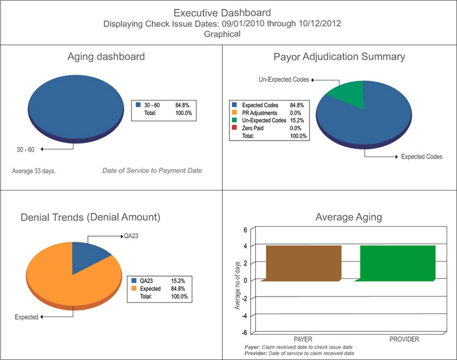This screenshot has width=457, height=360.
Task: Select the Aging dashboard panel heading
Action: click(x=106, y=57)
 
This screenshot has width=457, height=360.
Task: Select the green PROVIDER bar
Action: click(x=398, y=263)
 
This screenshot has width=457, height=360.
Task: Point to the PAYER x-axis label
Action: click(x=303, y=339)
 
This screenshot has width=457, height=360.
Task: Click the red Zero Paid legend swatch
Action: click(x=235, y=129)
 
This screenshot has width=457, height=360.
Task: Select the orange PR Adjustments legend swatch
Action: click(x=235, y=113)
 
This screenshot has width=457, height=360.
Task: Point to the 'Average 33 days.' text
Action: click(x=34, y=171)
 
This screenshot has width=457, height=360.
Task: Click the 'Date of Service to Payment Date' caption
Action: click(x=152, y=171)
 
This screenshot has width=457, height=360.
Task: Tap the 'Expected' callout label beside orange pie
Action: click(x=26, y=317)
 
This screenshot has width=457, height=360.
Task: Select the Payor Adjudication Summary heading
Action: click(x=339, y=57)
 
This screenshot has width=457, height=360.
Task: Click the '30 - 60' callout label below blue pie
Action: click(x=25, y=150)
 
